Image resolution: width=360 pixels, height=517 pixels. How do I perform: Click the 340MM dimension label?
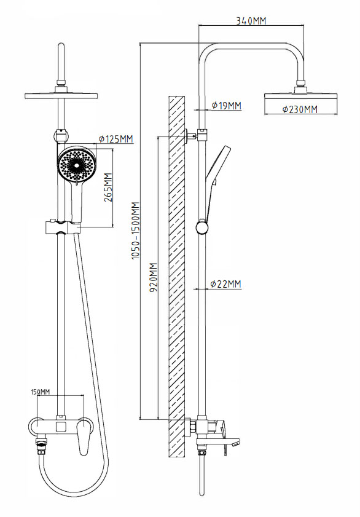click(251, 21)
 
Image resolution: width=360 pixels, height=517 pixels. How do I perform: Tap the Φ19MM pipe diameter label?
click(226, 106)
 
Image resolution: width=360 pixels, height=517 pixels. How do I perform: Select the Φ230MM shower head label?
click(300, 109)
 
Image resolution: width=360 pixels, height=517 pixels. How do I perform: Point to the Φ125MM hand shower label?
click(116, 139)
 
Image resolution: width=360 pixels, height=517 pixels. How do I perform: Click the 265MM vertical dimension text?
click(108, 187)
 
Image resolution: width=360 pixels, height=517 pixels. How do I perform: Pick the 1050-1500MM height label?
click(136, 231)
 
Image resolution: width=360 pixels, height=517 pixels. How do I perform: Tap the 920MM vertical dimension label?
click(154, 277)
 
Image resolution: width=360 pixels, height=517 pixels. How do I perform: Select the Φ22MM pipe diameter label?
click(225, 284)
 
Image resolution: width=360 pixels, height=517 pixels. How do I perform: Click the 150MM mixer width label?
click(40, 392)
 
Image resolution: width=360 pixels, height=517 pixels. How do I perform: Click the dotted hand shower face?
click(76, 165)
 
